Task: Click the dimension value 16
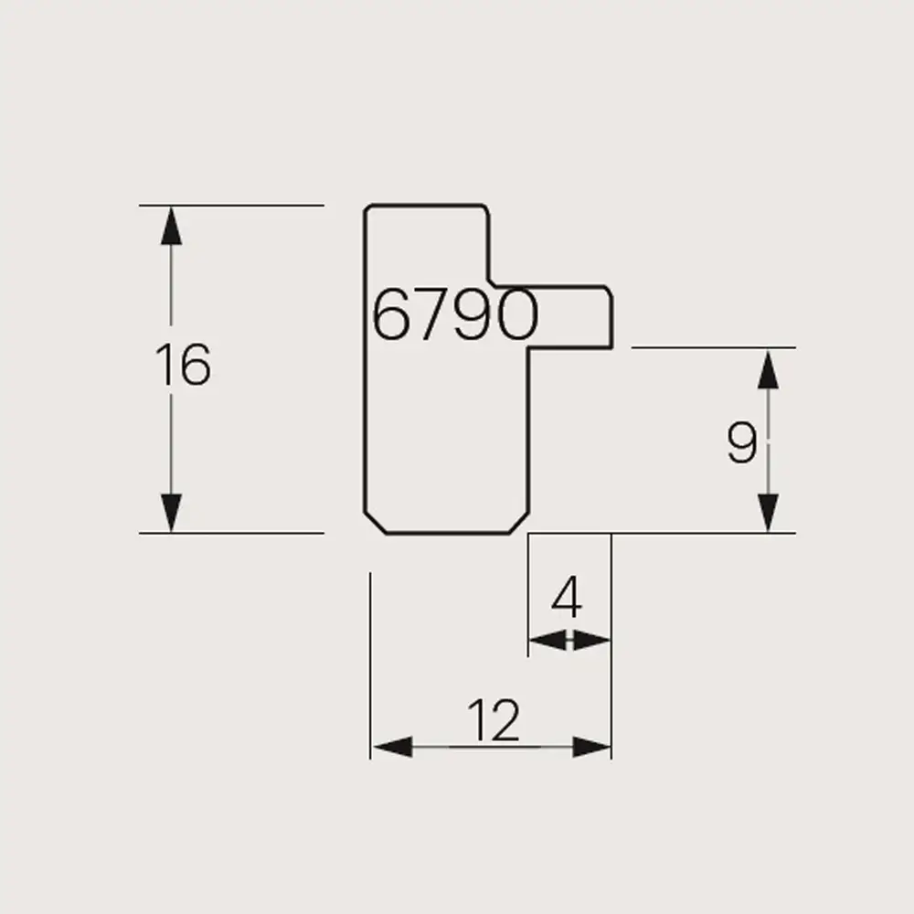pos(183,366)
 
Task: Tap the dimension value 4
pos(568,600)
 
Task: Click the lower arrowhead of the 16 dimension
pos(171,512)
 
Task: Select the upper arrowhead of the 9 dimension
pos(769,367)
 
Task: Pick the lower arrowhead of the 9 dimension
pos(769,512)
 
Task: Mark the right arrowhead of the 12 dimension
pos(591,748)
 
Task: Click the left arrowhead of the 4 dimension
pos(547,641)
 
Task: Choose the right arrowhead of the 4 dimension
pos(592,641)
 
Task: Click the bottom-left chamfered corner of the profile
pos(376,523)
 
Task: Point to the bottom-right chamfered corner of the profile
pos(518,523)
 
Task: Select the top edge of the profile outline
pos(425,206)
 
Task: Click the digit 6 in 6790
pos(390,316)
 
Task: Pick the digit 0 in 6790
pos(515,316)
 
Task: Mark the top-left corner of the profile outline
pos(367,208)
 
